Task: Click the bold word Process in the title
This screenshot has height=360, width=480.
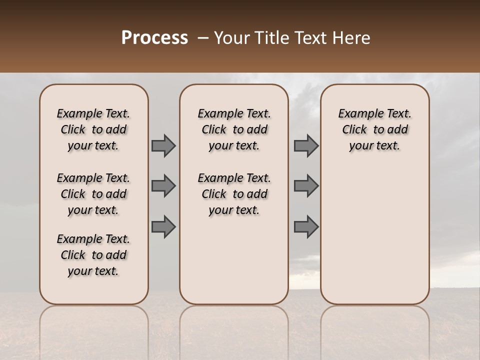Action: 154,37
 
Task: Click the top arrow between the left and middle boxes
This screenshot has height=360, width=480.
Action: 163,145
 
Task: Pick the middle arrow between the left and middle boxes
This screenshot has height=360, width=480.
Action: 163,186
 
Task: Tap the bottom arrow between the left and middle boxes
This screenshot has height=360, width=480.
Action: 163,226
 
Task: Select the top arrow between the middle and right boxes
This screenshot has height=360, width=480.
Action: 306,145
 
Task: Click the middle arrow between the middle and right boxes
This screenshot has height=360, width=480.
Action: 306,186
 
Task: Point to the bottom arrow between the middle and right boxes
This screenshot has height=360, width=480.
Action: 306,226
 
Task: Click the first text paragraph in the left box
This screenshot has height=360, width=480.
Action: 93,129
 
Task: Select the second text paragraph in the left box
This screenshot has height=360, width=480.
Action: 93,194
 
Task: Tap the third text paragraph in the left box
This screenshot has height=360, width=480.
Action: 93,255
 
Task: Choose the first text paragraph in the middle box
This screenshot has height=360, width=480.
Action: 234,129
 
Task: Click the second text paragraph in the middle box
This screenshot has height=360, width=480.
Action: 234,194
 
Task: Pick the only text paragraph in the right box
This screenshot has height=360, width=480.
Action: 374,129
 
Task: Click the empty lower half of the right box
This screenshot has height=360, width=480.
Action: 374,240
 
